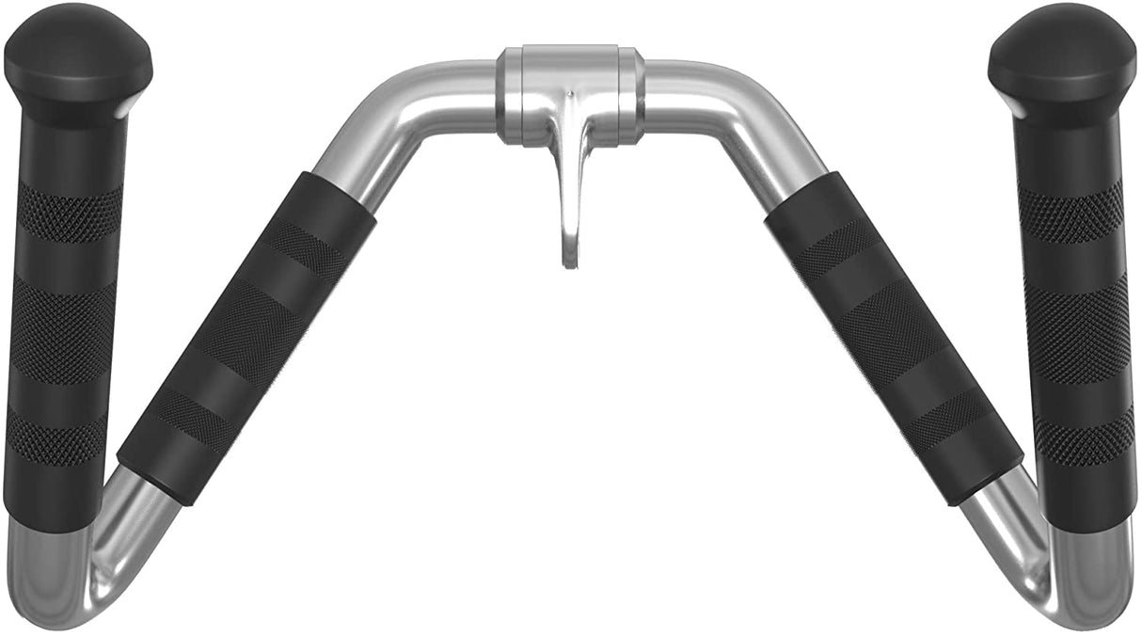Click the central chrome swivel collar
pyautogui.click(x=570, y=94)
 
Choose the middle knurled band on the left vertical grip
pyautogui.click(x=62, y=329)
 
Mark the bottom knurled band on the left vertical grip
pyautogui.click(x=56, y=438)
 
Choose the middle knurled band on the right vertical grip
pyautogui.click(x=1077, y=329)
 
